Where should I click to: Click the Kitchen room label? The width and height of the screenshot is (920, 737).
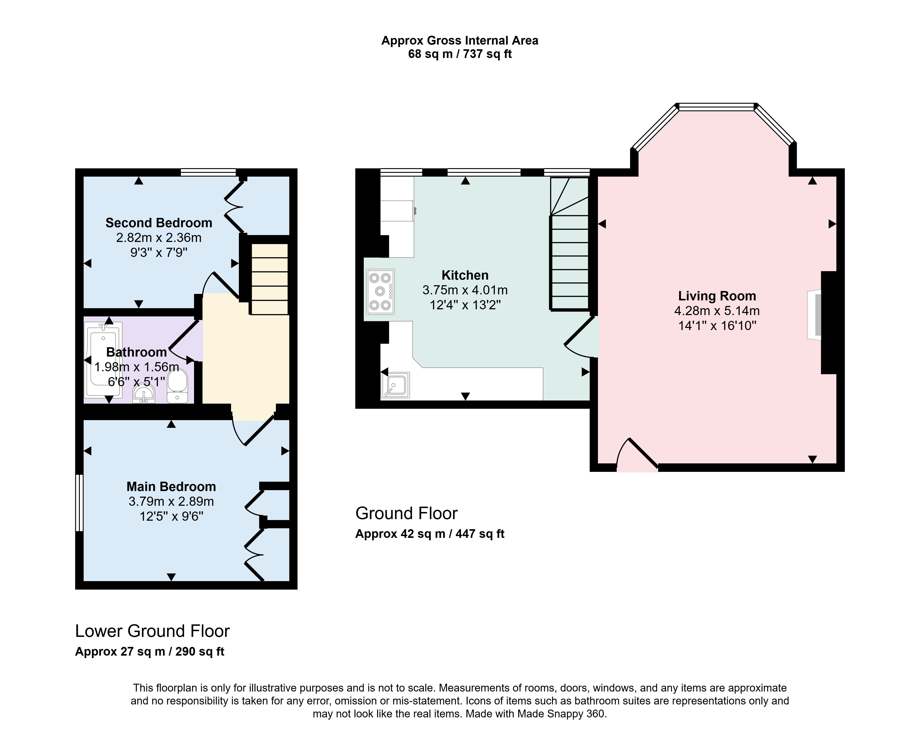coord(465,275)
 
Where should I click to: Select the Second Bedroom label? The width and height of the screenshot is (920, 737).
coord(159,223)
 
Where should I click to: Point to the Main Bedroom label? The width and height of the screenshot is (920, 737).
coord(171,487)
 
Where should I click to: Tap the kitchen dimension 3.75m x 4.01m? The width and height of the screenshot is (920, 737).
coord(465,290)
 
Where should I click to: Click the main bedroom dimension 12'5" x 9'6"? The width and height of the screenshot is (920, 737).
coord(171,516)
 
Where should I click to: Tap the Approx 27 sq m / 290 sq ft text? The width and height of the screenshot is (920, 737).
coord(150,652)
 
